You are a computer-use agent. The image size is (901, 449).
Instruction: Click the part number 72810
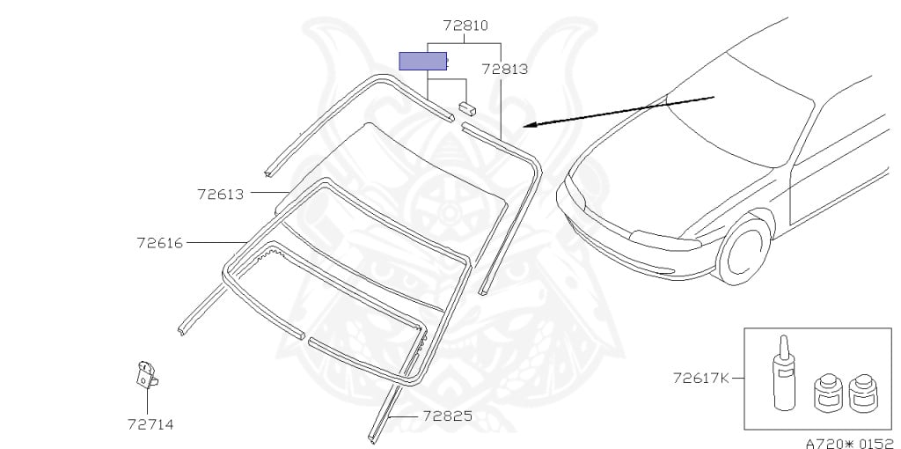[x=465, y=26]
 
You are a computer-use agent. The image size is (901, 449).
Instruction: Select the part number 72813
[x=504, y=69]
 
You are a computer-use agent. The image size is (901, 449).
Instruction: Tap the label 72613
[x=221, y=195]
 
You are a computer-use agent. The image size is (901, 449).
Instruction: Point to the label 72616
[x=160, y=243]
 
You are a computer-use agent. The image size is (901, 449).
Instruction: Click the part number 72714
[x=150, y=424]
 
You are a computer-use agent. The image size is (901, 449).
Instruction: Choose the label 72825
[x=448, y=416]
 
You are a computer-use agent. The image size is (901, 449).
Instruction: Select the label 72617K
[x=701, y=378]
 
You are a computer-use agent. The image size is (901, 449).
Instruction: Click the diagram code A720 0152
[x=852, y=443]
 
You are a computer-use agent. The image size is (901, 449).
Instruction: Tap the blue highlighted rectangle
[x=423, y=61]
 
